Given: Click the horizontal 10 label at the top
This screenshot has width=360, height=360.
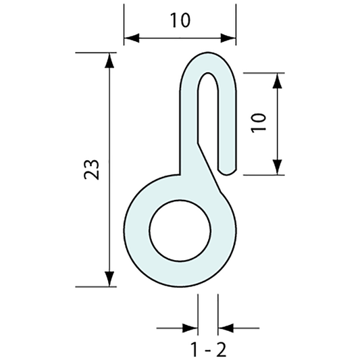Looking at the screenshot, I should [180, 20].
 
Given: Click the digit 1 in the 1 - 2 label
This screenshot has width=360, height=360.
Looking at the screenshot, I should [192, 350].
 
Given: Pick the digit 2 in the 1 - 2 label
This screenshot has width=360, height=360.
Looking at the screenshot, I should [221, 350].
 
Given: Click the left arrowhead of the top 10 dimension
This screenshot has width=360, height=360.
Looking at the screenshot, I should [130, 38].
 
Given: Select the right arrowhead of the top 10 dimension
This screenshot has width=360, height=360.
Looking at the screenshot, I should [229, 38].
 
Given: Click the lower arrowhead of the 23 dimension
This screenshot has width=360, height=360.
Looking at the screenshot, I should [108, 280].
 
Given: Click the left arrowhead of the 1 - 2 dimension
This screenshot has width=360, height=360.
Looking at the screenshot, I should [192, 328].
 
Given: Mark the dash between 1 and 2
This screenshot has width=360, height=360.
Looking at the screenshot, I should [206, 351].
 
